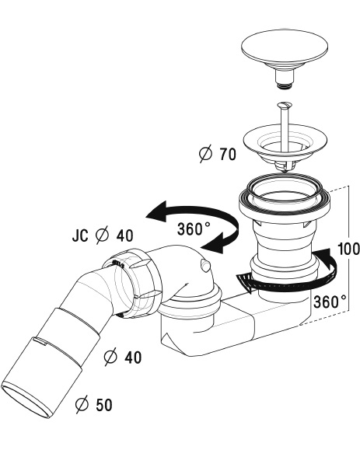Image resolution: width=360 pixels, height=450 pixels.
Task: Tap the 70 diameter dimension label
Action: point(218,154)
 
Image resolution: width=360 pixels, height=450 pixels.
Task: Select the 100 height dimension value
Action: point(348,249)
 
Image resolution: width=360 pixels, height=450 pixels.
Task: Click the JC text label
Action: point(80,235)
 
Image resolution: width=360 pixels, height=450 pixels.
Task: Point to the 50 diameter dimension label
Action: point(94,405)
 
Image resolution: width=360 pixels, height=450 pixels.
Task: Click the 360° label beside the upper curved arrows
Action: point(194,228)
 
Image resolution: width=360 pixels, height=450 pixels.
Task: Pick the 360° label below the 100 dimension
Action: point(330,302)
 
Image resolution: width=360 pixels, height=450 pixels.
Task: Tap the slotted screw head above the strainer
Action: point(285,105)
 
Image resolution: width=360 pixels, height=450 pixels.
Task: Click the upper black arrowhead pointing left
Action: point(157,211)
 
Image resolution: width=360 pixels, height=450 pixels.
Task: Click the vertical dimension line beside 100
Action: point(348,248)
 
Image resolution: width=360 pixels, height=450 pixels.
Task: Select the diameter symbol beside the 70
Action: point(205,154)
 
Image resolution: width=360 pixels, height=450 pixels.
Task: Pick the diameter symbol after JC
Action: point(102,235)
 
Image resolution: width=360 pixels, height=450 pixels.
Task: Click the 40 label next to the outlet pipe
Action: point(133,358)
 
